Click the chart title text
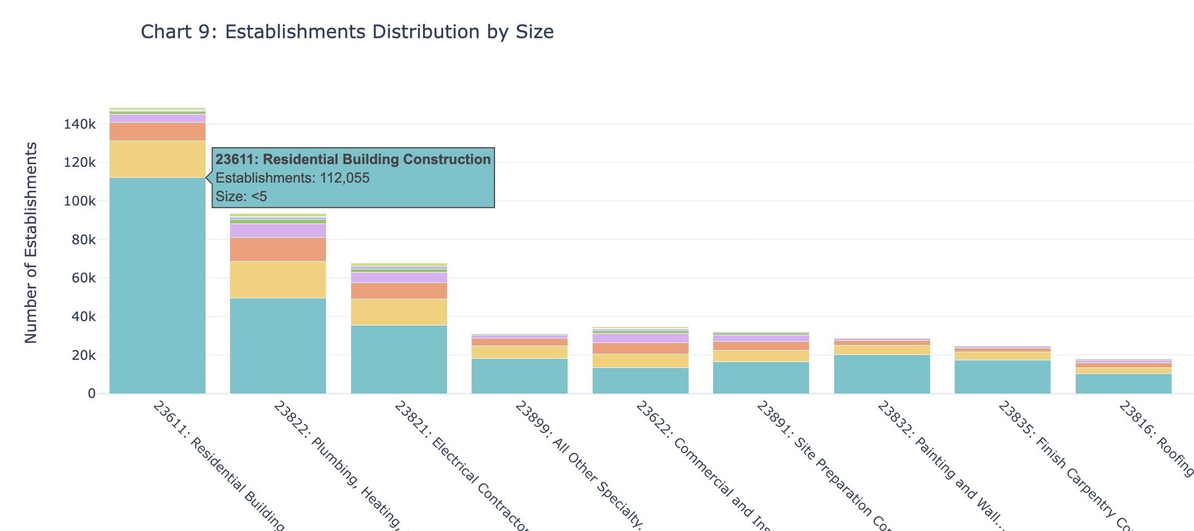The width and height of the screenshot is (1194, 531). click(347, 32)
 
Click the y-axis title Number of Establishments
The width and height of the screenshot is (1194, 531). click(32, 243)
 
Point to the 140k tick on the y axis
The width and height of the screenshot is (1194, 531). click(80, 125)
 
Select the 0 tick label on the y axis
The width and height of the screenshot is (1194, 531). click(91, 394)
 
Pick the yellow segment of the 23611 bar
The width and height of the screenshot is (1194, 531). click(158, 159)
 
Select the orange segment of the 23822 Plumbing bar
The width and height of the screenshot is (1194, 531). click(278, 250)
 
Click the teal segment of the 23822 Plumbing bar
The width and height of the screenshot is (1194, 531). click(278, 346)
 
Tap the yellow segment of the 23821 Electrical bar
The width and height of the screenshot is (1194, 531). click(399, 312)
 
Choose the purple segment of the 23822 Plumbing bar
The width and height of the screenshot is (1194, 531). click(278, 231)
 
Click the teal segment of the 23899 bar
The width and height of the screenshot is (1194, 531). click(520, 376)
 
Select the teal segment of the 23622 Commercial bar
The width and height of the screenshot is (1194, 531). click(641, 381)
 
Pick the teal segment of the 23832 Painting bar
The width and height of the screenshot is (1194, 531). click(882, 375)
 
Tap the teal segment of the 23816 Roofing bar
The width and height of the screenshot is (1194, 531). click(1124, 384)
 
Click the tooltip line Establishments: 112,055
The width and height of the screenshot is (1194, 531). click(293, 178)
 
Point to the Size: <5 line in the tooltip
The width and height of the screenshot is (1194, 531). click(242, 197)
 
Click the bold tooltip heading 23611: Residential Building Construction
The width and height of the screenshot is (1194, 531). click(353, 160)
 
